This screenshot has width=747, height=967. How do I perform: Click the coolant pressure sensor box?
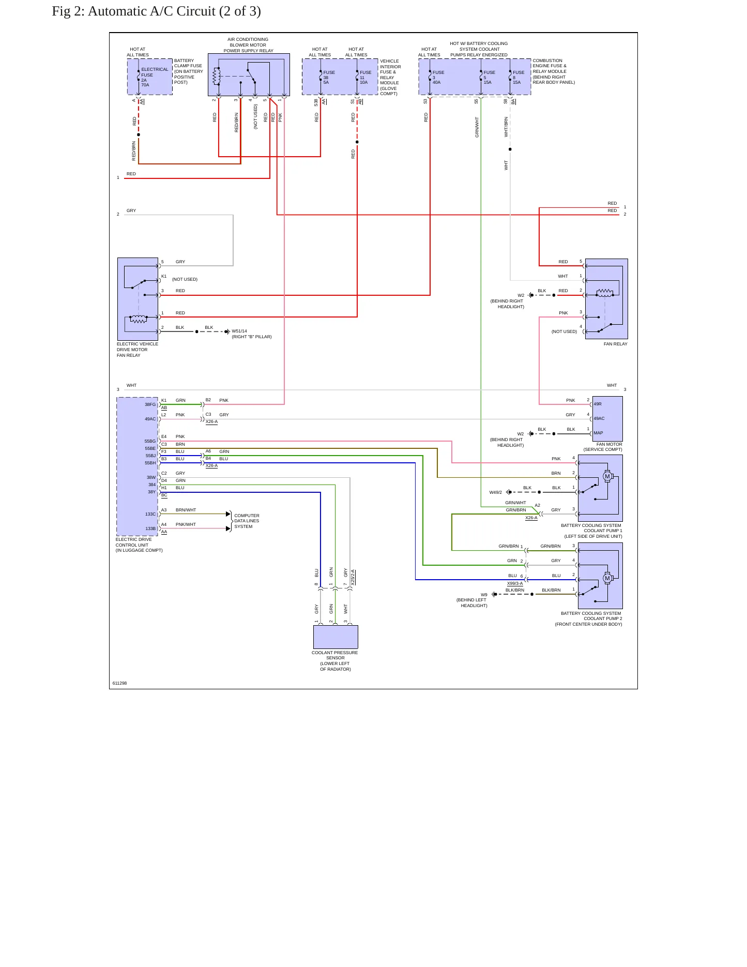pyautogui.click(x=336, y=637)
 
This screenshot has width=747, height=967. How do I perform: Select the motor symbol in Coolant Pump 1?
pyautogui.click(x=607, y=476)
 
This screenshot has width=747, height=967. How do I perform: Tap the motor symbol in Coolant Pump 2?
pyautogui.click(x=607, y=578)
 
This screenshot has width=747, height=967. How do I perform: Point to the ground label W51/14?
pyautogui.click(x=239, y=331)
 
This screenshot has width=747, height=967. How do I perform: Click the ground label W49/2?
pyautogui.click(x=496, y=492)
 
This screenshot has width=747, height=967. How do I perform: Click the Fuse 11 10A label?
pyautogui.click(x=365, y=77)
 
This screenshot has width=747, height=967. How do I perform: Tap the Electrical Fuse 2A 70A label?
pyautogui.click(x=155, y=77)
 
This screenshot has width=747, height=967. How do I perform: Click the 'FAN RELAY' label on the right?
pyautogui.click(x=615, y=344)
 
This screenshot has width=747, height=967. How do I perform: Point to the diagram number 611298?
pyautogui.click(x=119, y=683)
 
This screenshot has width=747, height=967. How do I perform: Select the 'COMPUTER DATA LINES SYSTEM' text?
pyautogui.click(x=247, y=521)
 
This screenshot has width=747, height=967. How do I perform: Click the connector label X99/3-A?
pyautogui.click(x=514, y=583)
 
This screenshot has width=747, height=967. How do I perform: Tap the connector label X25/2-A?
pyautogui.click(x=353, y=577)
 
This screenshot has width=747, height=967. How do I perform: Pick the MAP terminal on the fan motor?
pyautogui.click(x=598, y=433)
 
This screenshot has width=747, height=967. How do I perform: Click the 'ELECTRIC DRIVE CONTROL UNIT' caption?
pyautogui.click(x=139, y=545)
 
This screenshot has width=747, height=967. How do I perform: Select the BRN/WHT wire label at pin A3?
pyautogui.click(x=186, y=510)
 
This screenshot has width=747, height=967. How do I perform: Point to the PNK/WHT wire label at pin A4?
pyautogui.click(x=186, y=524)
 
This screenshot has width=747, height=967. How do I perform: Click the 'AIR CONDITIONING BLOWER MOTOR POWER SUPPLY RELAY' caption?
pyautogui.click(x=248, y=45)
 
